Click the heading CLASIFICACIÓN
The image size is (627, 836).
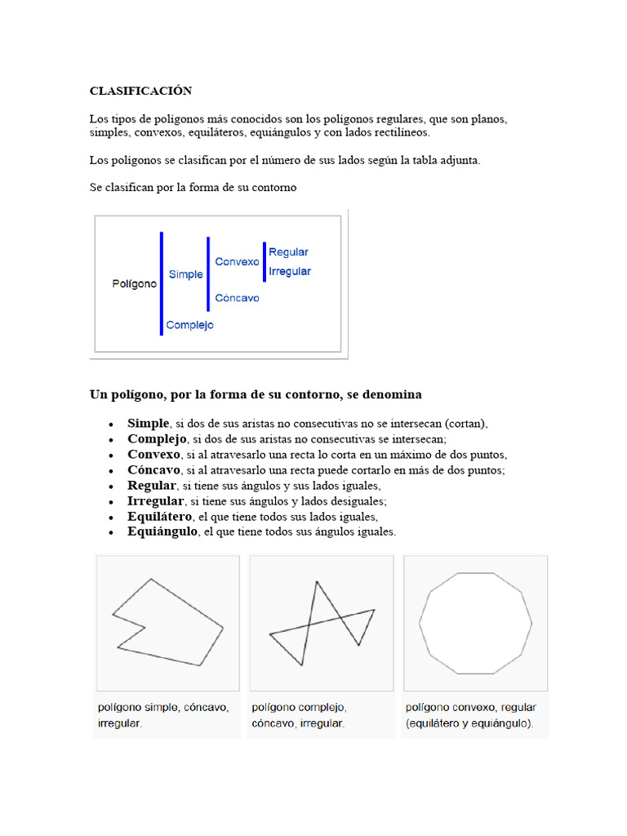[x=140, y=91]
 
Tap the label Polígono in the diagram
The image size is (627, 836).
[x=134, y=284]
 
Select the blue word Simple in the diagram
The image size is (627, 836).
[x=185, y=274]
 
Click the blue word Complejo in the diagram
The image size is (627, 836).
[x=189, y=325]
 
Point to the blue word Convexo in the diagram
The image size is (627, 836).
[x=237, y=262]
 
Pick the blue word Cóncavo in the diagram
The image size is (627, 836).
[x=237, y=298]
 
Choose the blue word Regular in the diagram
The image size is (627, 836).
[x=288, y=252]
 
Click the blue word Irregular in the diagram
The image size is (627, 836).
[x=289, y=271]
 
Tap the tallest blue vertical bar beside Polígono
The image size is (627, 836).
[x=162, y=283]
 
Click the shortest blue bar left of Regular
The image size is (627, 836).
[x=264, y=261]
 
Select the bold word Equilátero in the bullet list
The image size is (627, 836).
[x=159, y=517]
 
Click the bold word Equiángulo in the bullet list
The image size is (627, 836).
[x=162, y=531]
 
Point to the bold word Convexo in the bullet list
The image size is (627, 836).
[x=153, y=455]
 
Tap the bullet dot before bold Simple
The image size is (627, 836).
[x=110, y=425]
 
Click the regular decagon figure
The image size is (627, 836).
[x=475, y=623]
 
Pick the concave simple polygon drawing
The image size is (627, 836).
[x=167, y=622]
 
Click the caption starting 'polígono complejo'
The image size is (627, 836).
[x=299, y=715]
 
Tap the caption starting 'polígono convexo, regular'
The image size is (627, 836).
[x=470, y=715]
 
